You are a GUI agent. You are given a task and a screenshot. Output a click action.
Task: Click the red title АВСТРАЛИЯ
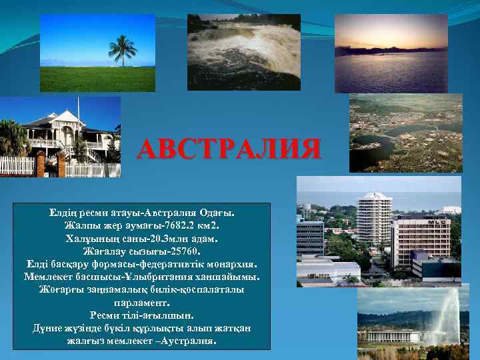pos(229,149)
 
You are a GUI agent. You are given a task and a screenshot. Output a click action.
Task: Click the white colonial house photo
pos(60,137)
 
